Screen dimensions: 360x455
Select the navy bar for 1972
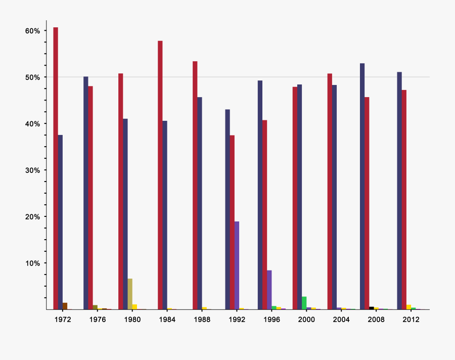pos(60,222)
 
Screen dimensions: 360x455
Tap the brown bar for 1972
pos(65,306)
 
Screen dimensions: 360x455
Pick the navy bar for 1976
pos(86,193)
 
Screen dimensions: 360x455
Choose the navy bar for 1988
pos(200,203)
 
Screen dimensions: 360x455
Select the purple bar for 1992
pos(237,265)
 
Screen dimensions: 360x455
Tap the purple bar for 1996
pos(269,290)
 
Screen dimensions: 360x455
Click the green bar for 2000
pos(304,303)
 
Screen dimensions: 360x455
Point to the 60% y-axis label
pos(32,31)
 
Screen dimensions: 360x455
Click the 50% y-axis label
pos(32,77)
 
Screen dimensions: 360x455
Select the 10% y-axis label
pos(32,263)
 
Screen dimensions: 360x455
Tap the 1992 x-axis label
pos(237,320)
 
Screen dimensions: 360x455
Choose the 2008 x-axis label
pos(376,320)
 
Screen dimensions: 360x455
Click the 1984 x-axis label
pos(167,320)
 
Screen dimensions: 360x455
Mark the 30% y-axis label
pos(32,170)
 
